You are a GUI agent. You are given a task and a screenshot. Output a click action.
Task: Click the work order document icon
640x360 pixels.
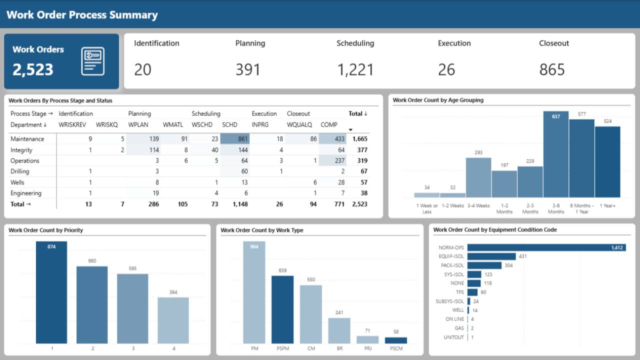(93, 61)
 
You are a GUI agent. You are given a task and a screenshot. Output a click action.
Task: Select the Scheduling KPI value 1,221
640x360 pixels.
(355, 69)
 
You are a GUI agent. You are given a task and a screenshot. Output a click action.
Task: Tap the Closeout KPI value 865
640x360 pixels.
(552, 69)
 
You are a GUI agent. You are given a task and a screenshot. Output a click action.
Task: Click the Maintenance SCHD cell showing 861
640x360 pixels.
(235, 139)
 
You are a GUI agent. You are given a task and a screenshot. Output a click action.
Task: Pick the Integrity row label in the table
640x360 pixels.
(21, 150)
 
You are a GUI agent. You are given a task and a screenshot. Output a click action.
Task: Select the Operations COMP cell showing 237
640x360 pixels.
(332, 160)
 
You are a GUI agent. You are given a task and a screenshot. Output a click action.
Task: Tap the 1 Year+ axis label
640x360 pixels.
(607, 205)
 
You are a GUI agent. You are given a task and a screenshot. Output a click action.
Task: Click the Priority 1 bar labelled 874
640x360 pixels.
(51, 292)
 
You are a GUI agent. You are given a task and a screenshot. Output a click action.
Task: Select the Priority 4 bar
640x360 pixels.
(173, 320)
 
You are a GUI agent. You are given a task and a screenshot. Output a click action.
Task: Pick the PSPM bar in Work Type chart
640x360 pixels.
(282, 309)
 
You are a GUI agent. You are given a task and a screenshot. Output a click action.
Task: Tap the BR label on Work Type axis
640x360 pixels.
(339, 347)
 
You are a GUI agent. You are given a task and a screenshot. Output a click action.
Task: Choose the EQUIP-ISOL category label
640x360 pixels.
(451, 256)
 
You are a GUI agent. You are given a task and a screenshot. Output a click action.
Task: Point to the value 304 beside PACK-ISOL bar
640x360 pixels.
(508, 265)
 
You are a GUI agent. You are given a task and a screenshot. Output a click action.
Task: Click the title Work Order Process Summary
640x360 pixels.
(82, 15)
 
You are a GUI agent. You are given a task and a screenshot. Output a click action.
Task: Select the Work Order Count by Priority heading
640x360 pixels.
(46, 230)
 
